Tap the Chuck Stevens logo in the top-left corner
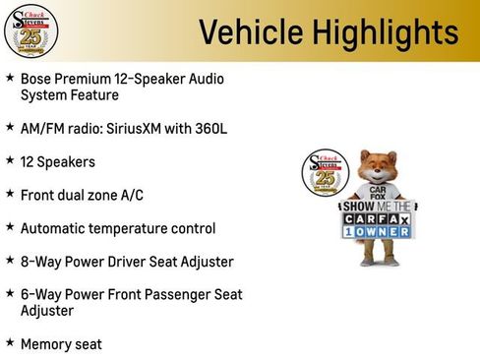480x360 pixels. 30,30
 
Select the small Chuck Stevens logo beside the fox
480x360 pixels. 322,173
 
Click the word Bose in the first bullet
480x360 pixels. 36,78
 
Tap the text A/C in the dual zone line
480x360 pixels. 132,195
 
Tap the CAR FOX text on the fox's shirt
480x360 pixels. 377,194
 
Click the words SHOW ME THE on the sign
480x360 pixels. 378,208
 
